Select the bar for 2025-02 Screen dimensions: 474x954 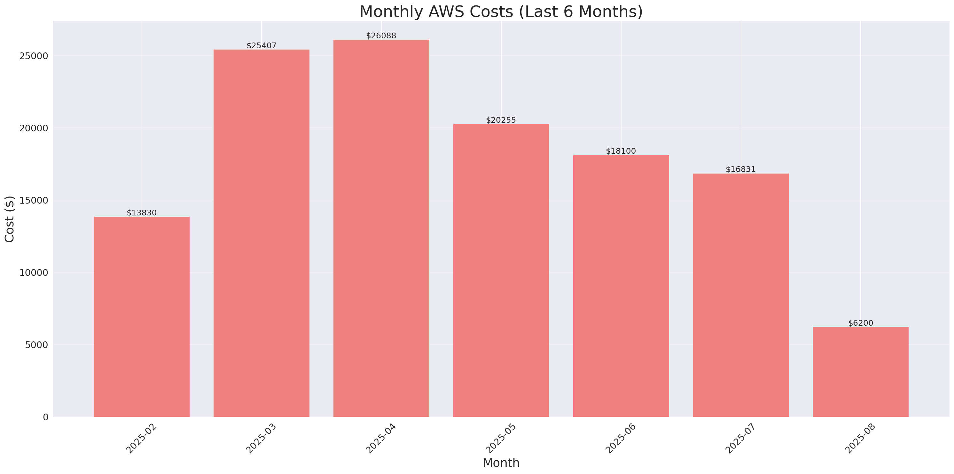pyautogui.click(x=142, y=317)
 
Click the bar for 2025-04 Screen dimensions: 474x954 pyautogui.click(x=381, y=228)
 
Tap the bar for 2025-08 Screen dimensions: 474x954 pyautogui.click(x=860, y=372)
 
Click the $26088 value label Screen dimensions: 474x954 pyautogui.click(x=381, y=35)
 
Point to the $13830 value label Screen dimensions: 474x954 pyautogui.click(x=142, y=213)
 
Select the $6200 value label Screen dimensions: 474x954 pyautogui.click(x=860, y=323)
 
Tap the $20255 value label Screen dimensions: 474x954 pyautogui.click(x=501, y=120)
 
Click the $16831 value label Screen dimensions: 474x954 pyautogui.click(x=740, y=169)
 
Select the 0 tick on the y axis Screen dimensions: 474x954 pyautogui.click(x=45, y=417)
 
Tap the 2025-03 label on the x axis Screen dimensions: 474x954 pyautogui.click(x=261, y=439)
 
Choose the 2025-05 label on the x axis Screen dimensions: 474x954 pyautogui.click(x=501, y=439)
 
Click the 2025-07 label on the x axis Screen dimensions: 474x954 pyautogui.click(x=740, y=439)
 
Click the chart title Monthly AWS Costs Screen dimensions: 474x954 pyautogui.click(x=501, y=12)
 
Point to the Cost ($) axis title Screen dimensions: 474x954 pyautogui.click(x=9, y=219)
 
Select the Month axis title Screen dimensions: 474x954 pyautogui.click(x=501, y=463)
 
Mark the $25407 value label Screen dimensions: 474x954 pyautogui.click(x=261, y=46)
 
